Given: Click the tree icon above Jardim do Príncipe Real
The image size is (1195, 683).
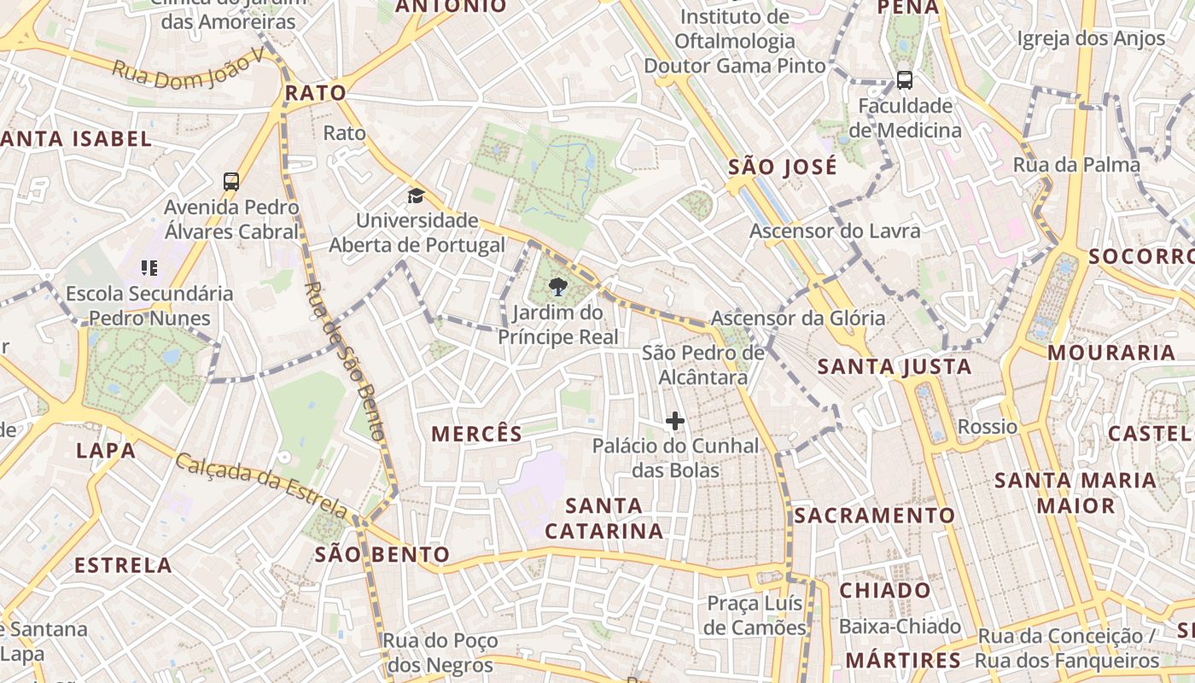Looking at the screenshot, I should (558, 286).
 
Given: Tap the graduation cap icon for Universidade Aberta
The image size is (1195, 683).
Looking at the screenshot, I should (416, 196).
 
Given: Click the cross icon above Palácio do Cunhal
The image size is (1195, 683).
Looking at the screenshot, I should (675, 421).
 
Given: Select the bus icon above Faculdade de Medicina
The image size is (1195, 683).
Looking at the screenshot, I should (905, 80).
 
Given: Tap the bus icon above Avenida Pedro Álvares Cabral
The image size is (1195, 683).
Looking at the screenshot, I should (231, 181).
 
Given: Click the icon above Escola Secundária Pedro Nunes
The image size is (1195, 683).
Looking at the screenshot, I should (149, 268).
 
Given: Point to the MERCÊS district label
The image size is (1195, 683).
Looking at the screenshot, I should (476, 434).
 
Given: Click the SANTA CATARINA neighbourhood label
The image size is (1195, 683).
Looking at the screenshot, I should (604, 518).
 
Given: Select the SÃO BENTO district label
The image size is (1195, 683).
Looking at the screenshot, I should (382, 554).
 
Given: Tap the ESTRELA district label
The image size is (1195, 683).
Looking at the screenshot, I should (123, 565).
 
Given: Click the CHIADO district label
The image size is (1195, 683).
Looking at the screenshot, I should (885, 590).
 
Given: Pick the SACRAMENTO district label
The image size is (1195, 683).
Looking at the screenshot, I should (874, 516).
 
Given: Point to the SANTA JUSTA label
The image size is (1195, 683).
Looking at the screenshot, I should (895, 367).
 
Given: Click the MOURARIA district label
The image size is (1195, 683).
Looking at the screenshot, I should (1111, 353).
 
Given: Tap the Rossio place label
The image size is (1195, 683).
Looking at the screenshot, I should (988, 426).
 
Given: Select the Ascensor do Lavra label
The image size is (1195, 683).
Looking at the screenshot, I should (835, 231).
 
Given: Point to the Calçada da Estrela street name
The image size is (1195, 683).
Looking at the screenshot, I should (261, 487).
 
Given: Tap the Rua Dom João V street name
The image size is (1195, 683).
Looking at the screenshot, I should (189, 70).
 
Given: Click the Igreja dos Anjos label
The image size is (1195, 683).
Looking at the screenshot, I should (1091, 38).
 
